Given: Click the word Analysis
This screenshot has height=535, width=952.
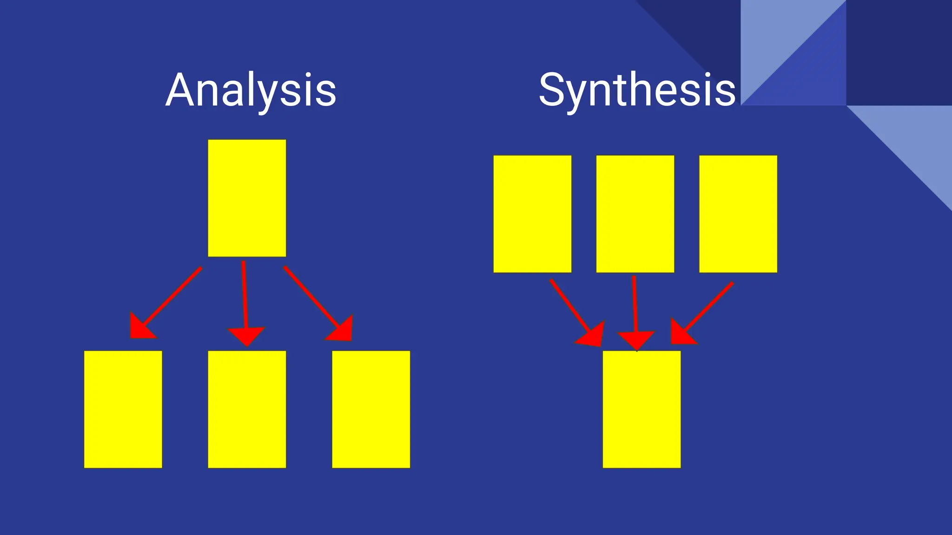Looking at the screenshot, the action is pyautogui.click(x=251, y=90).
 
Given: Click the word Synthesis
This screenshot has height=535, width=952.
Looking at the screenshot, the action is pyautogui.click(x=637, y=90).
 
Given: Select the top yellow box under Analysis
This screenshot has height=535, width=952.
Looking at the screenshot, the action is pyautogui.click(x=247, y=198).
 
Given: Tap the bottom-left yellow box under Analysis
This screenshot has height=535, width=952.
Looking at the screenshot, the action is pyautogui.click(x=123, y=409).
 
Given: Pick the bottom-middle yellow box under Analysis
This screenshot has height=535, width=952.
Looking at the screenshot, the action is pyautogui.click(x=247, y=409).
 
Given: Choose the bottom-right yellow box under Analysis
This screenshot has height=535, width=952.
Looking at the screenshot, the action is pyautogui.click(x=371, y=409).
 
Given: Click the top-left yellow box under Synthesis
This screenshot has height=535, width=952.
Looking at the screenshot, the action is pyautogui.click(x=532, y=214).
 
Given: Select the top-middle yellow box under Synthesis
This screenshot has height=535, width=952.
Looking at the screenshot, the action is pyautogui.click(x=635, y=214).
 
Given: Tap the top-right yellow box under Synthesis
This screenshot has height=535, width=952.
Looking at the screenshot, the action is pyautogui.click(x=738, y=214).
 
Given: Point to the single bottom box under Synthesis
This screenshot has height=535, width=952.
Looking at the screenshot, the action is pyautogui.click(x=641, y=409).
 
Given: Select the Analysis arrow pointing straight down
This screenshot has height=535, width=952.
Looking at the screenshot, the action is pyautogui.click(x=245, y=297).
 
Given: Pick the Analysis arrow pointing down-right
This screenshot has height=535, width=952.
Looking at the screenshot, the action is pyautogui.click(x=314, y=300).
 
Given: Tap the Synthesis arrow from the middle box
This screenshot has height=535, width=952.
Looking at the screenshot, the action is pyautogui.click(x=635, y=307).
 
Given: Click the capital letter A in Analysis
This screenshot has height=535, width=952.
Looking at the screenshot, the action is pyautogui.click(x=181, y=90).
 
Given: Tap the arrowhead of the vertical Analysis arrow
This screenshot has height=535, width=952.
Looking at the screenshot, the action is pyautogui.click(x=246, y=335).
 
